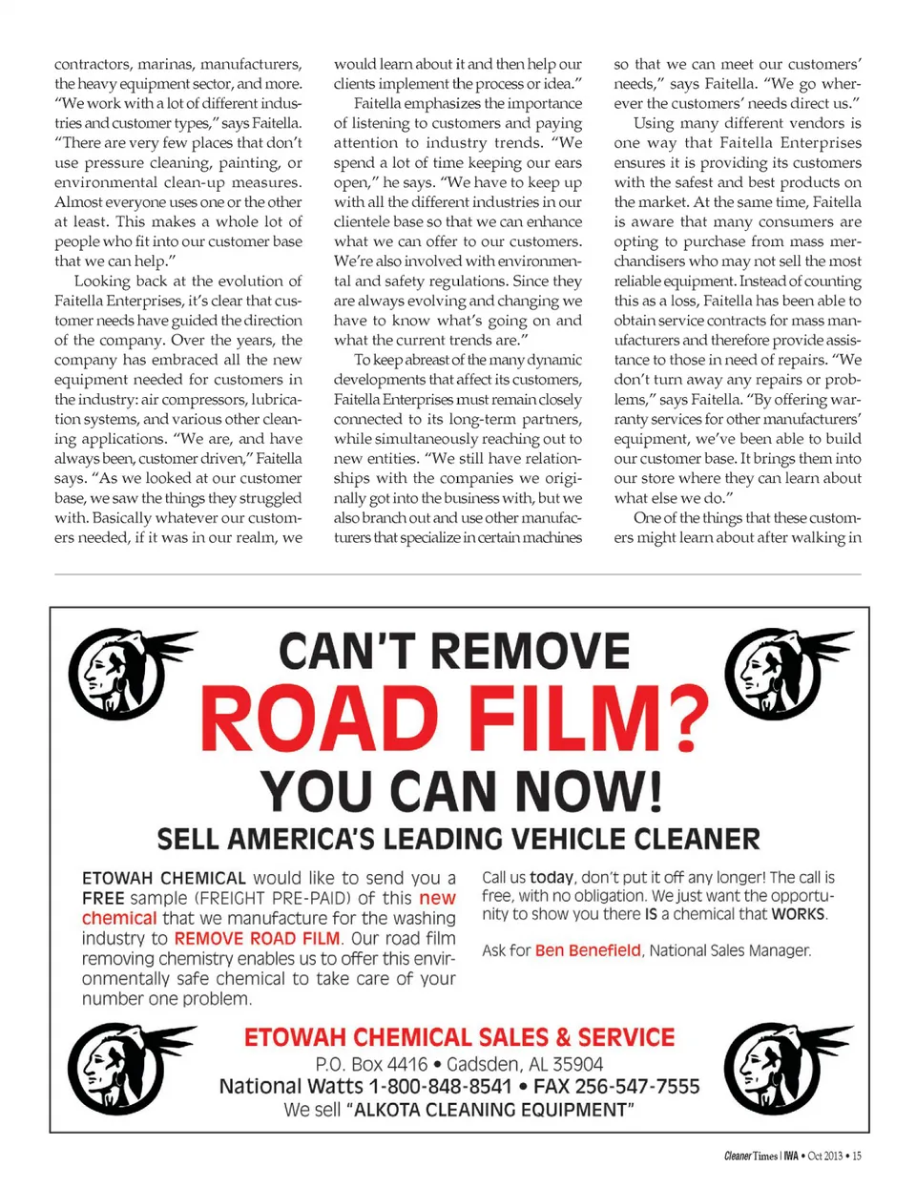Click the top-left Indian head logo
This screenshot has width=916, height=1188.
pos(124,673)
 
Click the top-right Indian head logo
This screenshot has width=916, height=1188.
pos(781,673)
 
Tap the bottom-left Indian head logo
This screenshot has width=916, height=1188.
pos(124,1067)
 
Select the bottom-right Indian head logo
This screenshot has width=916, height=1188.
pos(781,1067)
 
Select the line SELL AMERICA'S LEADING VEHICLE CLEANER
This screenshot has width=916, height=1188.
pos(458,840)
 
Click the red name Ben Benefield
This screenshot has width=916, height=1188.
pos(588,950)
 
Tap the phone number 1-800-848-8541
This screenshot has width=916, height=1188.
pos(440,1087)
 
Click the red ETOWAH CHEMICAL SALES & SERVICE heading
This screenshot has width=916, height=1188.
pos(459,1037)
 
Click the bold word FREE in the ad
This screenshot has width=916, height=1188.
pos(103,899)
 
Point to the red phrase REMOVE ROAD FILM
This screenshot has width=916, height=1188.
pos(257,939)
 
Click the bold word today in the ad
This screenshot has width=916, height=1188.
pos(552,877)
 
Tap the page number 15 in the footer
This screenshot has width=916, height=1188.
pos(856,1157)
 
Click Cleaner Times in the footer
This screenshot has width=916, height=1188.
pos(751,1157)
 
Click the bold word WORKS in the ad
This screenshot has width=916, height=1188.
pos(799,914)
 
